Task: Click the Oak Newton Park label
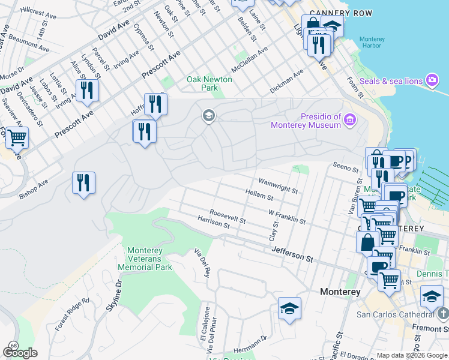click(x=202, y=83)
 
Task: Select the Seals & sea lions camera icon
click(x=432, y=80)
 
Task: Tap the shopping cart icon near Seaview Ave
click(x=17, y=137)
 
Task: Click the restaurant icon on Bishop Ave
click(x=83, y=182)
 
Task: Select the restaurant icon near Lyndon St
click(x=87, y=90)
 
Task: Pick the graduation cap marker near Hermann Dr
click(x=289, y=308)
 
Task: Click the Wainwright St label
click(x=278, y=185)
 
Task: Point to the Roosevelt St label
click(x=228, y=217)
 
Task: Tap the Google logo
click(x=20, y=353)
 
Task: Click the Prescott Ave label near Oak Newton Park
click(x=161, y=64)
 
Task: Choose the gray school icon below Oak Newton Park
click(x=208, y=116)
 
